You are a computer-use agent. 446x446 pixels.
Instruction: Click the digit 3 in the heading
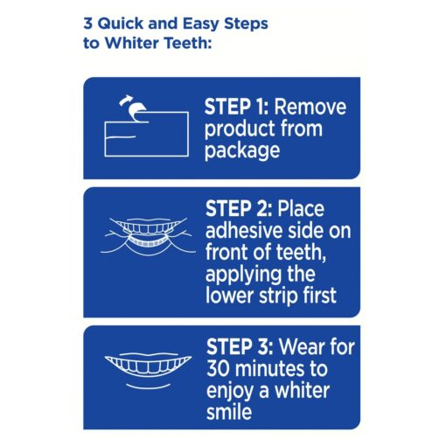tap(87, 24)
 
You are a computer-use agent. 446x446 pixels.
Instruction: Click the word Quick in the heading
tap(121, 24)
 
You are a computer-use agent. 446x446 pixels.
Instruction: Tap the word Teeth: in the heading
tap(188, 43)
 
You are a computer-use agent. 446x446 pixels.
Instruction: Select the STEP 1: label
tap(236, 107)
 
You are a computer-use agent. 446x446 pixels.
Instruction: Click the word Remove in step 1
tap(310, 107)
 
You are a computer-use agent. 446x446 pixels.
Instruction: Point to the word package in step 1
tap(242, 150)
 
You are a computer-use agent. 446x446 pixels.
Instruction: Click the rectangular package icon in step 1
tap(147, 134)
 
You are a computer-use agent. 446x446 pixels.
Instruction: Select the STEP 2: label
tap(239, 209)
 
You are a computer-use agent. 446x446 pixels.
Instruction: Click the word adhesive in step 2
tap(244, 231)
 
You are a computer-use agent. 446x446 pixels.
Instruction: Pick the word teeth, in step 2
tap(301, 253)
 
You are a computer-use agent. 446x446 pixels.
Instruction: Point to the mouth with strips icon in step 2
tap(149, 237)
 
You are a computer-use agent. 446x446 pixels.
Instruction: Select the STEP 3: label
tap(240, 347)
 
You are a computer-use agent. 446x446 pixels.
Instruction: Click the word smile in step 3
tap(229, 412)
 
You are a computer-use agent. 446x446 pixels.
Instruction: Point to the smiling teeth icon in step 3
tap(149, 371)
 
